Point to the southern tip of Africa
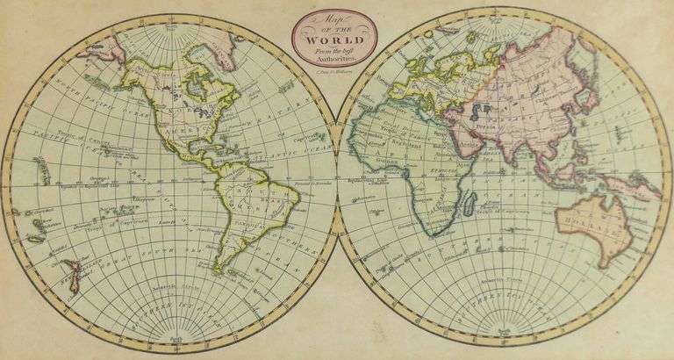pyautogui.click(x=432, y=235)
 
